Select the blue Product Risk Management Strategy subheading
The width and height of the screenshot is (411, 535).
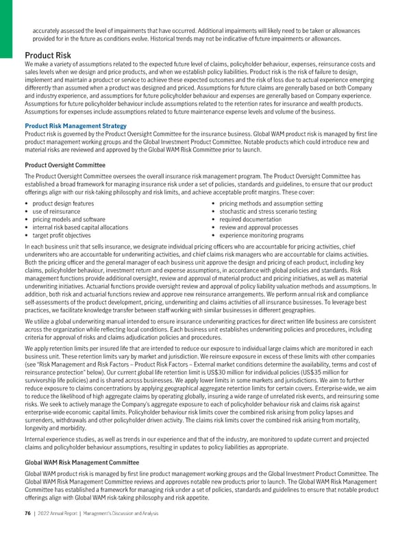[x=75, y=126]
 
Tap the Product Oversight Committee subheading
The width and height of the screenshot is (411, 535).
[x=64, y=165]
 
